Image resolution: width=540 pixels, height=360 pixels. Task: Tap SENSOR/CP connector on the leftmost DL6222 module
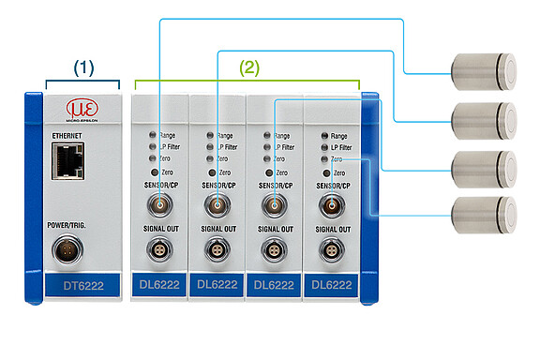point(160,206)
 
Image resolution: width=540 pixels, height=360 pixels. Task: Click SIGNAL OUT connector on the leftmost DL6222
point(160,250)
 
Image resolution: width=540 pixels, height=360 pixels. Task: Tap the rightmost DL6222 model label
point(332,284)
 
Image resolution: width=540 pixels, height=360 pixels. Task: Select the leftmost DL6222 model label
point(160,284)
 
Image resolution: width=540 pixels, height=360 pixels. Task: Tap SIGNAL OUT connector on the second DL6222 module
point(217,250)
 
